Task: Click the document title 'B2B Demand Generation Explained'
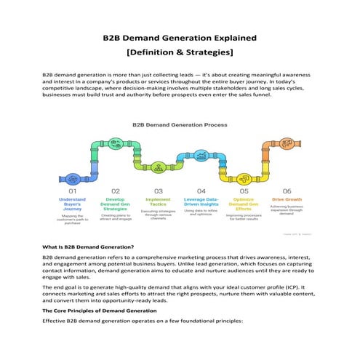click(x=180, y=37)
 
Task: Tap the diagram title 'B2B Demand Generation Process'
click(x=180, y=124)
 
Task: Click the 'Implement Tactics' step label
click(x=158, y=201)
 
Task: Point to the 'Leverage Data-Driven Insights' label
click(x=201, y=201)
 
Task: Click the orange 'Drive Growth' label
click(x=287, y=199)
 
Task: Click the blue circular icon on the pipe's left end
click(x=73, y=177)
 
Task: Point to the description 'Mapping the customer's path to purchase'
click(x=73, y=220)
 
